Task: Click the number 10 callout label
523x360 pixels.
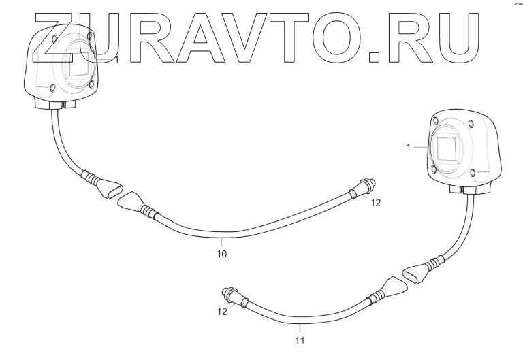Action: tap(221, 254)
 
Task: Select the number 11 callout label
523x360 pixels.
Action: tap(299, 338)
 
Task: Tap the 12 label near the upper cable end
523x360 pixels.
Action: tap(376, 203)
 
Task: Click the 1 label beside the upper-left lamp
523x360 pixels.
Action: tap(116, 60)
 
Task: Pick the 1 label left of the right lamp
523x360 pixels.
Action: tap(408, 147)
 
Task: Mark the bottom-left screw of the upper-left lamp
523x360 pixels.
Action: tap(54, 88)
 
